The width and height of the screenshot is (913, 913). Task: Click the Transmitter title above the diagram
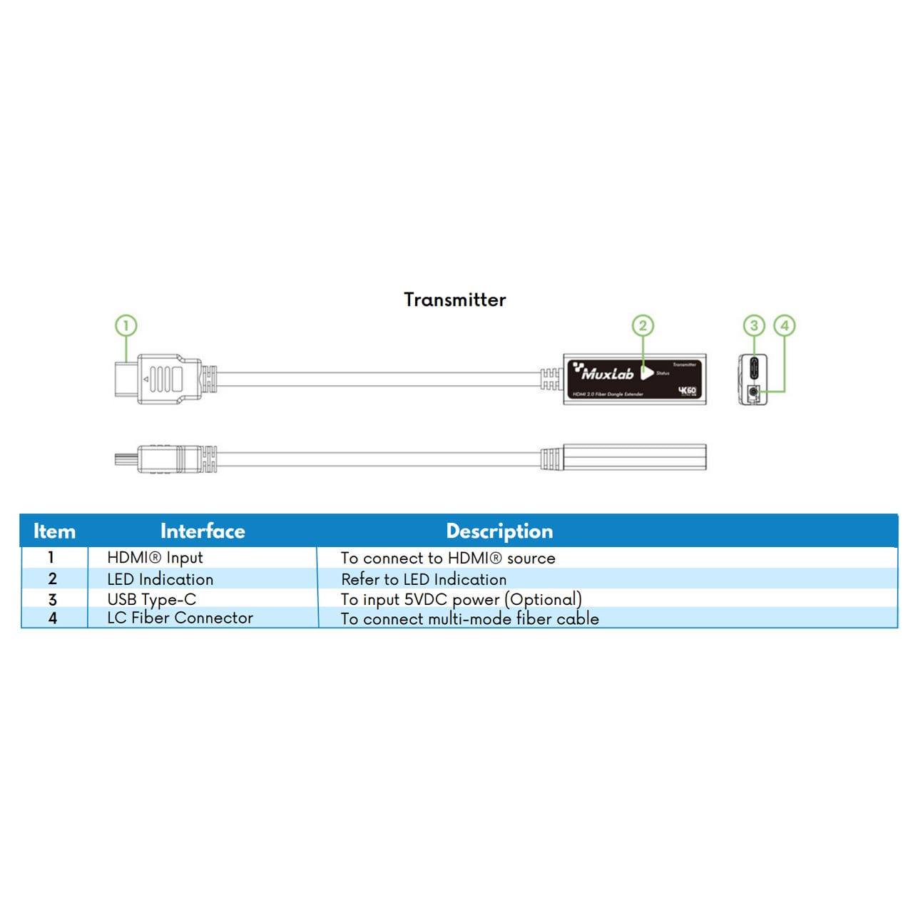[x=454, y=300]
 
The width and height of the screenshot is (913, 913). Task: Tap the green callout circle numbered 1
[x=126, y=326]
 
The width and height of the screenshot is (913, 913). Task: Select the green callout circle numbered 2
[x=643, y=326]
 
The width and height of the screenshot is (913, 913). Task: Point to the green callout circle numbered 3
[x=754, y=326]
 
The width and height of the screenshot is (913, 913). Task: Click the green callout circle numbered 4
[x=785, y=326]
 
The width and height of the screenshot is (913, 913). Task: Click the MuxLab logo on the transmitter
[x=604, y=372]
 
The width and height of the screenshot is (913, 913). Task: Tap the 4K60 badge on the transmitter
[x=687, y=391]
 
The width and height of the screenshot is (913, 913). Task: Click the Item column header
[x=54, y=531]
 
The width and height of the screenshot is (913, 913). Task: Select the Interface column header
[x=203, y=531]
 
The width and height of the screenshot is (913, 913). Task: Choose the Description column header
[x=499, y=531]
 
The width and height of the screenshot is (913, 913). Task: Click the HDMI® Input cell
[x=155, y=558]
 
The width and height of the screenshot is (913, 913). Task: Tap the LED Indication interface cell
[x=160, y=579]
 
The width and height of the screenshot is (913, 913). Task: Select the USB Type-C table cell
[x=151, y=599]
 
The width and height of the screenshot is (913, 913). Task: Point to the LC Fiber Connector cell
[x=180, y=618]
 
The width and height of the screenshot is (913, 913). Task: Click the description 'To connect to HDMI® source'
[x=448, y=558]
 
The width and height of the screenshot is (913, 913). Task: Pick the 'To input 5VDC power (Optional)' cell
[x=461, y=599]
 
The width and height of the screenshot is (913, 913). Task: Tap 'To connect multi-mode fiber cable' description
[x=469, y=618]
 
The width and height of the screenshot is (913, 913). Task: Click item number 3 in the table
[x=52, y=600]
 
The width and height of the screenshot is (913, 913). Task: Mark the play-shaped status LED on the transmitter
[x=646, y=373]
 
